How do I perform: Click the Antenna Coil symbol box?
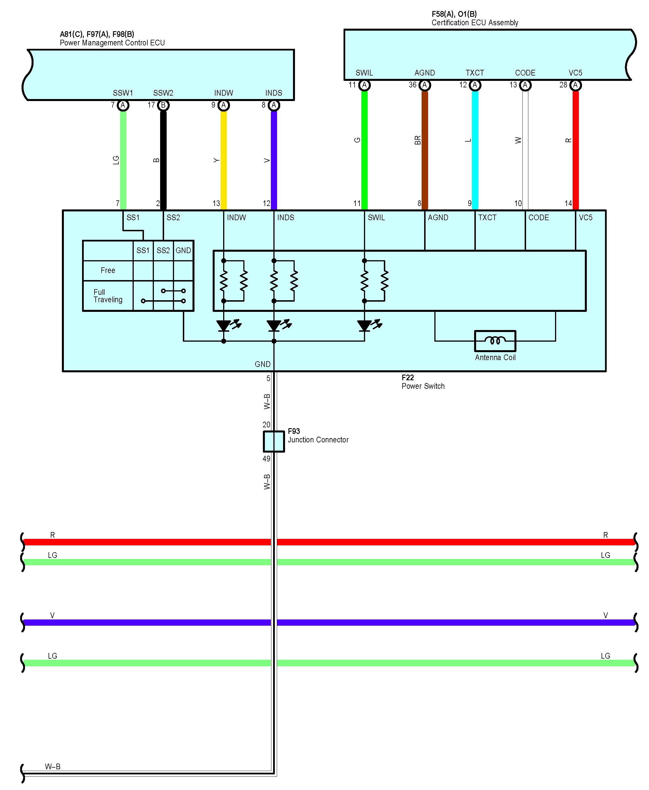click(x=495, y=341)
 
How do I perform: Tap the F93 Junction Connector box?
click(x=274, y=441)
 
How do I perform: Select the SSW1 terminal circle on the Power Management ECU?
click(x=123, y=105)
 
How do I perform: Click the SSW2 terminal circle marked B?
click(x=163, y=105)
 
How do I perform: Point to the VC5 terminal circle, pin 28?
click(x=575, y=85)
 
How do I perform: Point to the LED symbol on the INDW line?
click(x=223, y=325)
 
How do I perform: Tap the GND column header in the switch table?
click(x=183, y=250)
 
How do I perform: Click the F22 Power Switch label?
click(x=423, y=382)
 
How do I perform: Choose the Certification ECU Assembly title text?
click(x=474, y=22)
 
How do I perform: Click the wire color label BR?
click(x=418, y=140)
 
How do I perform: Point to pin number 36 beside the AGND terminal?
click(x=412, y=85)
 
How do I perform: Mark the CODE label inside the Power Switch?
click(x=538, y=217)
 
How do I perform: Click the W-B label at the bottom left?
click(x=53, y=766)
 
